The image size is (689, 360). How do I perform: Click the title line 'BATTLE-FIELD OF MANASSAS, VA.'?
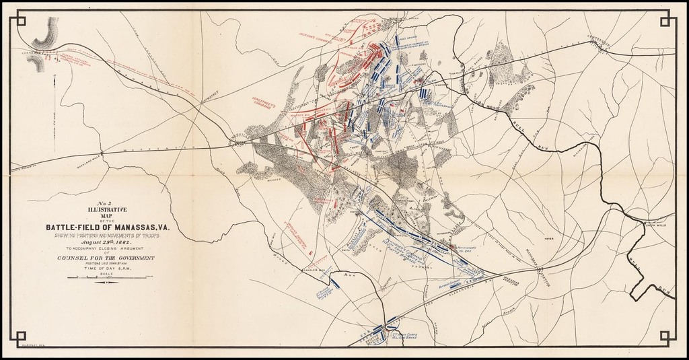pyautogui.click(x=108, y=227)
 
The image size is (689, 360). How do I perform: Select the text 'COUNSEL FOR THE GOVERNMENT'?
pyautogui.click(x=106, y=258)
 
